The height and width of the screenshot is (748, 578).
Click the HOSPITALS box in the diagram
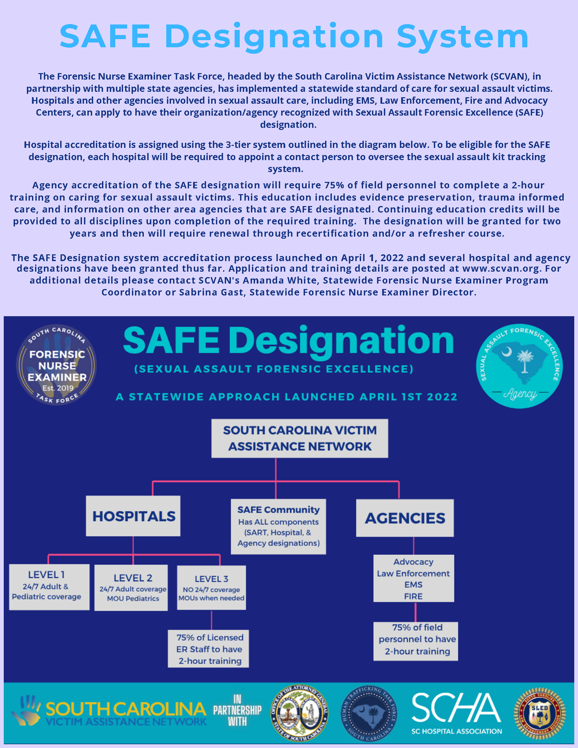(x=133, y=516)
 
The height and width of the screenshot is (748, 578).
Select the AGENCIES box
(x=405, y=518)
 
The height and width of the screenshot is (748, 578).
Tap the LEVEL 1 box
(x=49, y=587)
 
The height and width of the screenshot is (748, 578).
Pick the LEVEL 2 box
(x=131, y=588)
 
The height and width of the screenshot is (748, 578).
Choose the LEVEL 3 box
(x=211, y=588)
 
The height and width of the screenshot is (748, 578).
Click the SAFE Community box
(x=278, y=526)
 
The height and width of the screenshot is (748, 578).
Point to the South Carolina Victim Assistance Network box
(x=300, y=438)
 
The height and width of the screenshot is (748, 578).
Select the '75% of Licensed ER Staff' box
(x=208, y=649)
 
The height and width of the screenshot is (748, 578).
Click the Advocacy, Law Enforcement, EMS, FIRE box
(x=414, y=578)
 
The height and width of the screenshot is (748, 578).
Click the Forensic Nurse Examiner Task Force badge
(x=56, y=365)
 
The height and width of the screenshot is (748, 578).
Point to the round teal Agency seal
(x=520, y=366)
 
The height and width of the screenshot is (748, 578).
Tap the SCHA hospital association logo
(x=456, y=714)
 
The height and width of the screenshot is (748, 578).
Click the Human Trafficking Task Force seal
(x=369, y=714)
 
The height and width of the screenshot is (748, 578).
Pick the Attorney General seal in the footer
(x=300, y=714)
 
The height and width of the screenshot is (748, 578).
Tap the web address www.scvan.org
(x=502, y=269)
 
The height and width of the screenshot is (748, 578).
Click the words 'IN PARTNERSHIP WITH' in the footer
(x=237, y=711)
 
